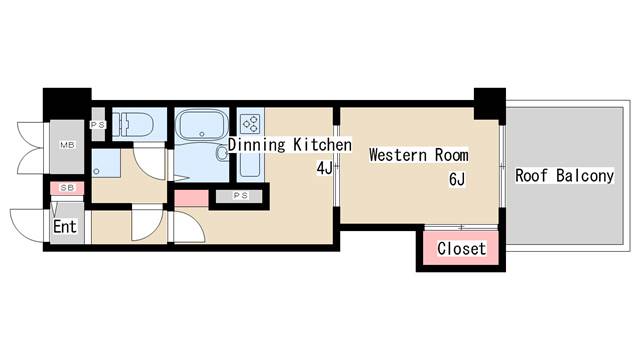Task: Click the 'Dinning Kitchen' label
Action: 290,145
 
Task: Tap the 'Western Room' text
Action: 419,155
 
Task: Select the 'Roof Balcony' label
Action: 564,176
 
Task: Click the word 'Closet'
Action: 462,248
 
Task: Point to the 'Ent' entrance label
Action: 65,227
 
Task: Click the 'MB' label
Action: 67,144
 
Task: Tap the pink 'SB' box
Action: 67,188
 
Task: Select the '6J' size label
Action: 457,179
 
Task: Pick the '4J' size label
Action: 325,168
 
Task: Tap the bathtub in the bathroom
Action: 201,124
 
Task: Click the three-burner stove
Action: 250,124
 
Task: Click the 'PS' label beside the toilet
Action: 98,125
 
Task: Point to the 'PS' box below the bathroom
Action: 241,196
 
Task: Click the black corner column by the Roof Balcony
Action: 490,104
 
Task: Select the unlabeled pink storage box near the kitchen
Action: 191,198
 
